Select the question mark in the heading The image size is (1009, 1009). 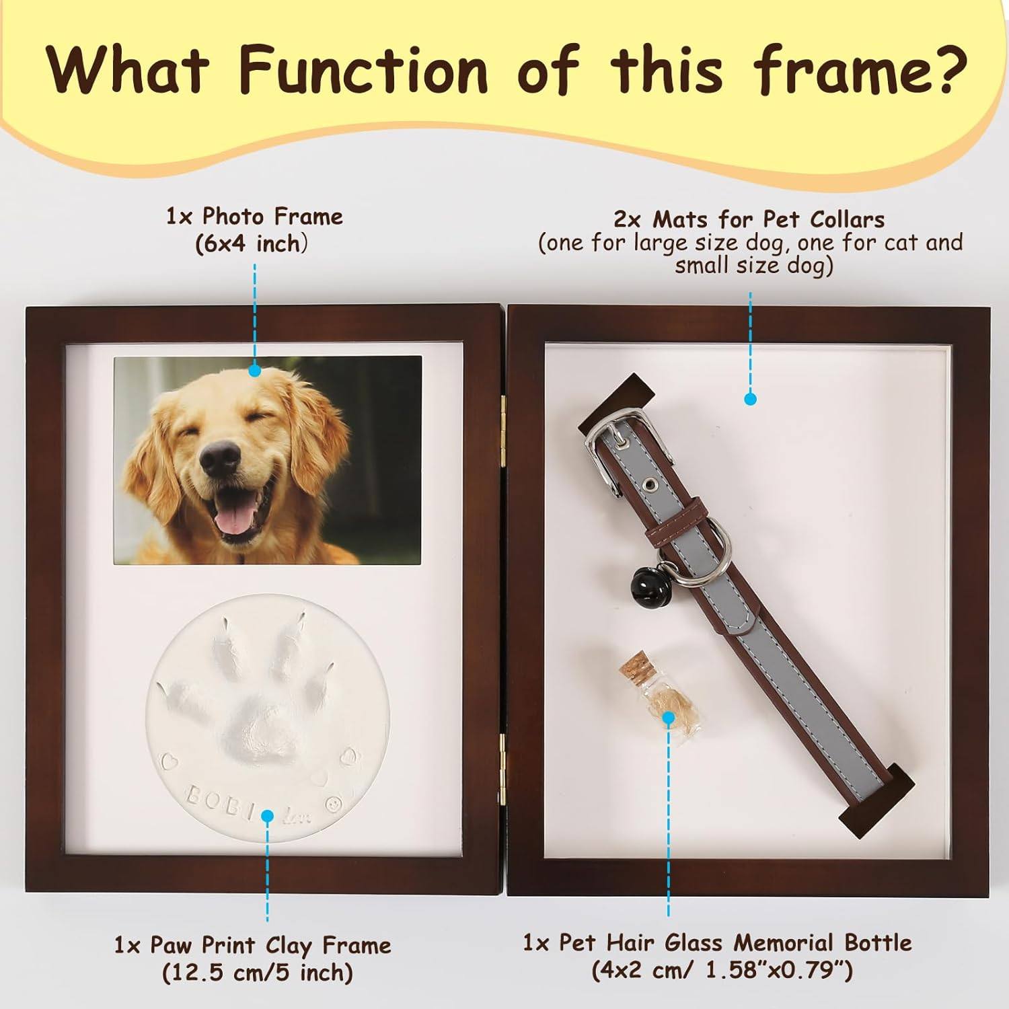(x=949, y=67)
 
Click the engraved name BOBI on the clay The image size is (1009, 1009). (x=221, y=804)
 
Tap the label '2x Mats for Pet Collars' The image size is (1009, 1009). (x=749, y=219)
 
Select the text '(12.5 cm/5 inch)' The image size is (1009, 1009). (x=258, y=973)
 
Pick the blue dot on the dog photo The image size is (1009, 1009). (x=254, y=370)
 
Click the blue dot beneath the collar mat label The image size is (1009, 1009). (x=751, y=399)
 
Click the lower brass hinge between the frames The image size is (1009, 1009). (x=503, y=767)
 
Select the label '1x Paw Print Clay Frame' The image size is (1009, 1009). (x=252, y=945)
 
